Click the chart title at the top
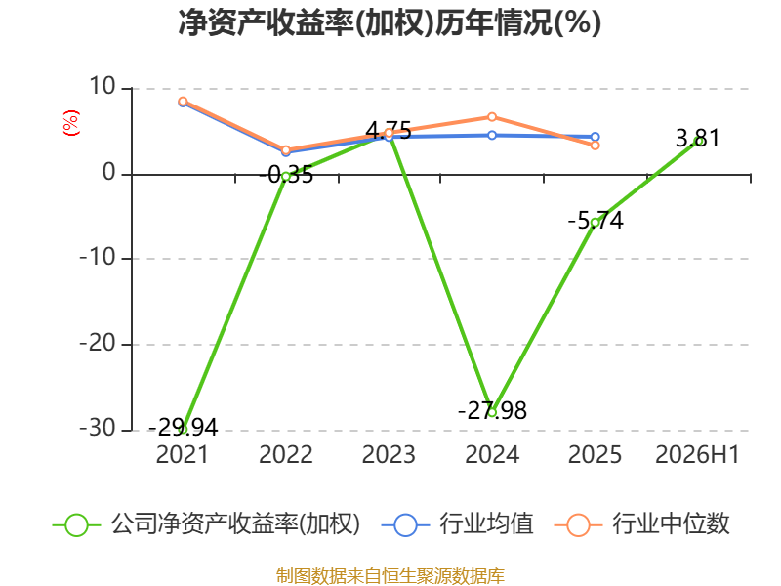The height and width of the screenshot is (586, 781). click(390, 22)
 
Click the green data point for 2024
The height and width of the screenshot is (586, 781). click(492, 412)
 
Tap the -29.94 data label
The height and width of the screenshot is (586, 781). click(184, 427)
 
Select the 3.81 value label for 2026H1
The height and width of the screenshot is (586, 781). click(697, 138)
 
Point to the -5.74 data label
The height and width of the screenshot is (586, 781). click(596, 221)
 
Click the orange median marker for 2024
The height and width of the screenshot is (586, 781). click(492, 117)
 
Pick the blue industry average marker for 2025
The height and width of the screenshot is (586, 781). click(596, 137)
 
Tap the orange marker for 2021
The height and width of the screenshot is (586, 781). click(183, 102)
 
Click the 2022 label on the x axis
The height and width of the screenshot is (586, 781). click(286, 455)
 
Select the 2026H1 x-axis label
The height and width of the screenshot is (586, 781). click(697, 455)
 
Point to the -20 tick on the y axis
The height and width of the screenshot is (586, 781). click(98, 344)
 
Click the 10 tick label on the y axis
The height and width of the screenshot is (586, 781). click(103, 87)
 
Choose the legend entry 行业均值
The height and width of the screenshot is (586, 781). click(457, 524)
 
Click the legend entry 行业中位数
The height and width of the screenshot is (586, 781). click(642, 524)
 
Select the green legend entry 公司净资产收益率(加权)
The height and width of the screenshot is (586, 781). click(206, 524)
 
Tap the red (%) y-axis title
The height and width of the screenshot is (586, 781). click(70, 123)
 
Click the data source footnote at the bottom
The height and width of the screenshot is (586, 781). click(390, 576)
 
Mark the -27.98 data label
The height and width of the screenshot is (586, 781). click(492, 411)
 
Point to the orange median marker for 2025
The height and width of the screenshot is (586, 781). click(596, 146)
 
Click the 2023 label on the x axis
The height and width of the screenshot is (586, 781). click(389, 455)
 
